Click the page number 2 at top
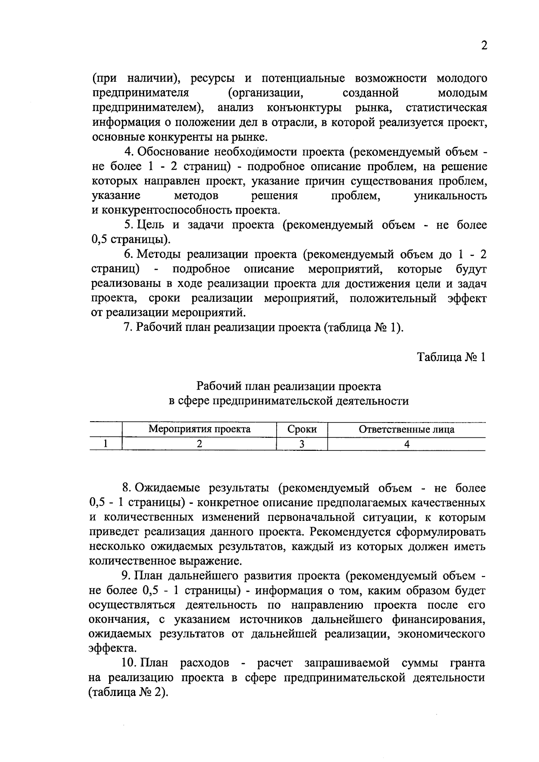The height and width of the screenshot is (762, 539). pos(484,46)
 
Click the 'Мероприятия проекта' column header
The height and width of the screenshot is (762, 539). pos(199,429)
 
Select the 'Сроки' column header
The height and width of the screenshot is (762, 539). pos(302,429)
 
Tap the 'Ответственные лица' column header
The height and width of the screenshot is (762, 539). pos(406,429)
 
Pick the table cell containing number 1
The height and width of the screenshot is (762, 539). pos(106,444)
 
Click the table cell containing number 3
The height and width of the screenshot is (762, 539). pos(302,444)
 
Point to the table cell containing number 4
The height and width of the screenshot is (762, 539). pos(406,444)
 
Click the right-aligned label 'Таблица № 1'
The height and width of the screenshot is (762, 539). pos(451,357)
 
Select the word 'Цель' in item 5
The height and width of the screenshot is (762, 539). pos(152,225)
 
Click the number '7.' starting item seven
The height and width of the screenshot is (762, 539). pos(128,327)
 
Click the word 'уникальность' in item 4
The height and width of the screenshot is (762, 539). pos(450,196)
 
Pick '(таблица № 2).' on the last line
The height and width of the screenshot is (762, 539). pos(128,692)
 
